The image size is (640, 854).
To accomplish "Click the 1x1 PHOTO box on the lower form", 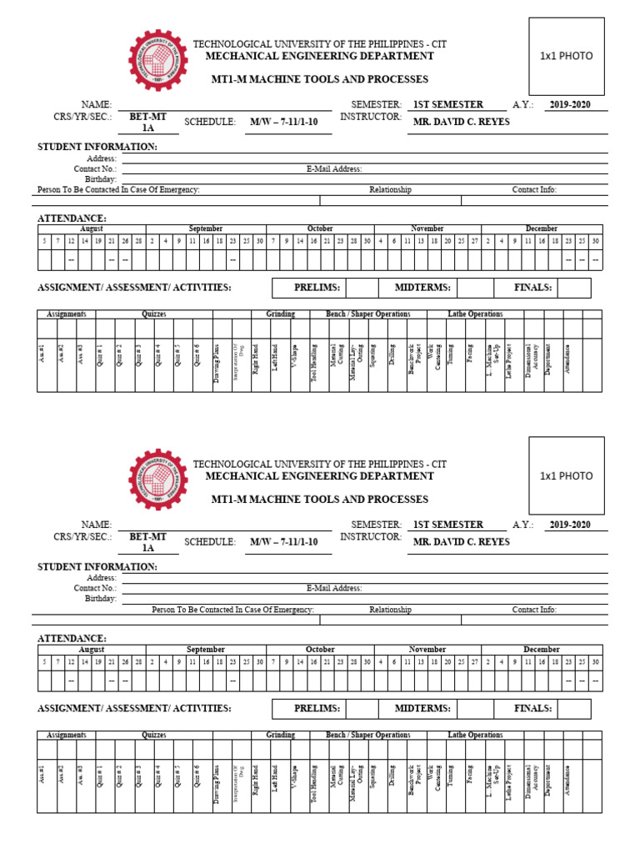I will [x=566, y=476].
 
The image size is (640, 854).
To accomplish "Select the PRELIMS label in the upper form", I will [x=317, y=288].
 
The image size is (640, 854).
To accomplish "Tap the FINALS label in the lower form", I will [x=533, y=708].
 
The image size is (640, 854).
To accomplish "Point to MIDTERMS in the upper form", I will [x=423, y=288].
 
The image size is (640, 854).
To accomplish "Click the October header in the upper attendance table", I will [x=320, y=229].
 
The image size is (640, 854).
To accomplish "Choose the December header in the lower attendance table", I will [x=542, y=649].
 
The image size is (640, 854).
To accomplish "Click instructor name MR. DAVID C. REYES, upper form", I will [x=461, y=122].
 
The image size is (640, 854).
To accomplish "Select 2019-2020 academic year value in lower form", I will [x=570, y=525].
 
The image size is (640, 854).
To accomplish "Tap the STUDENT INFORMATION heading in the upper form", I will [x=97, y=147].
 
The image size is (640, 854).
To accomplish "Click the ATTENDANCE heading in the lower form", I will [x=72, y=639].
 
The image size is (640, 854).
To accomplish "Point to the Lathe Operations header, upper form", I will [x=475, y=314].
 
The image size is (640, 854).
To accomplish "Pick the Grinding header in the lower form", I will [x=280, y=735].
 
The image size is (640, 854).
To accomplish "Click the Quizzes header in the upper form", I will [x=153, y=314].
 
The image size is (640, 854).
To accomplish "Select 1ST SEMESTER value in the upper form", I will [x=447, y=104].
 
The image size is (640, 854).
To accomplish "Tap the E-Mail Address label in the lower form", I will [x=334, y=589].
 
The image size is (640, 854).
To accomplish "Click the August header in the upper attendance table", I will [x=92, y=229].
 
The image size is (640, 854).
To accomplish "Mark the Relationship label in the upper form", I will [x=390, y=190].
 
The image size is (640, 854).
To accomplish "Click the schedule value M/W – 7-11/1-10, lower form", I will [x=284, y=542].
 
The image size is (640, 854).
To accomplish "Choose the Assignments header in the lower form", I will [x=67, y=735].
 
